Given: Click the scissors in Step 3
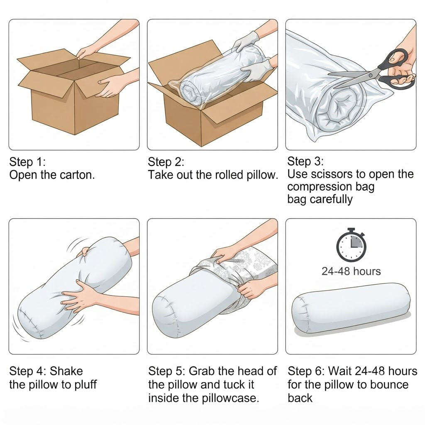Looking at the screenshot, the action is coord(379,71).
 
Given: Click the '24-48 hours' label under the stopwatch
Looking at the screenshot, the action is coord(351,271).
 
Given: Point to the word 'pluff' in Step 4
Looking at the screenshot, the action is coord(86,385).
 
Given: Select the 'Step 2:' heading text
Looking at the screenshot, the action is coord(166,162).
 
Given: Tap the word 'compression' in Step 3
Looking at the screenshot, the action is coord(315,187).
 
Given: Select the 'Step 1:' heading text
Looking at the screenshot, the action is coord(27,162).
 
